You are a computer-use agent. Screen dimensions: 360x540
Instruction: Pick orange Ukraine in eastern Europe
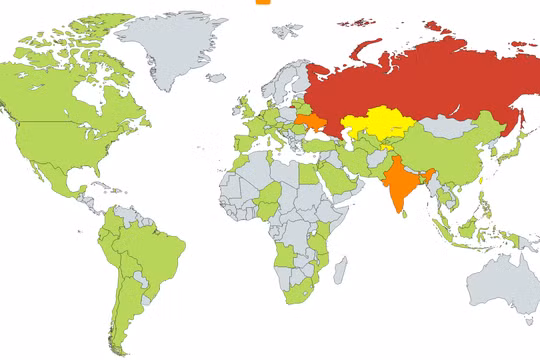click(x=311, y=124)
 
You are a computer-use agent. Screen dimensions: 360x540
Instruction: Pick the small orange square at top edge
click(x=263, y=2)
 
